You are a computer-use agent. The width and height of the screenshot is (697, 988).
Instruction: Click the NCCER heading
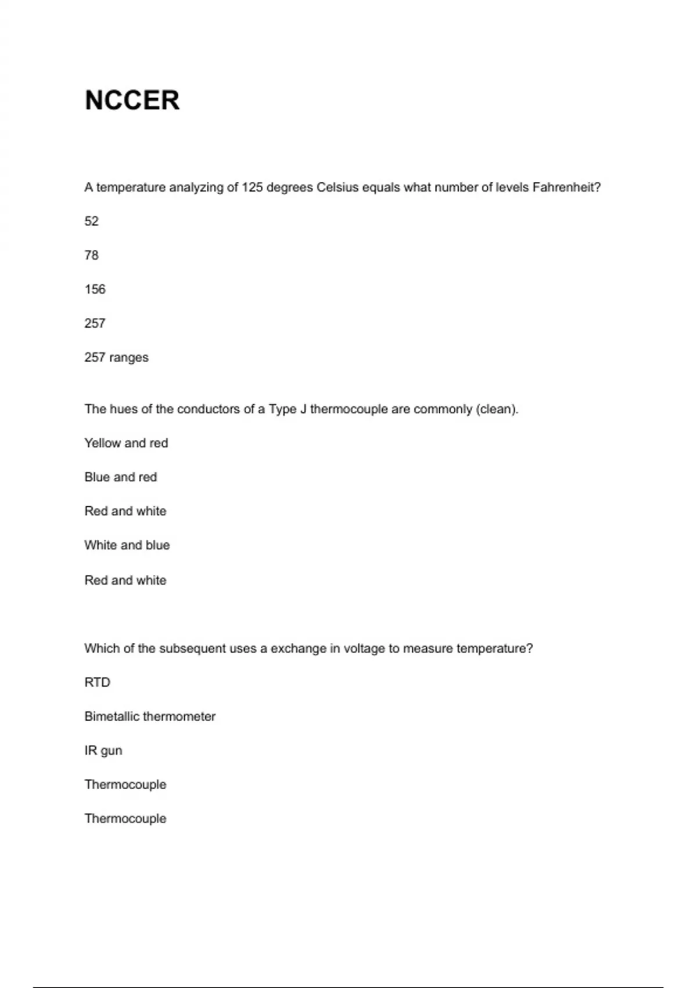point(132,100)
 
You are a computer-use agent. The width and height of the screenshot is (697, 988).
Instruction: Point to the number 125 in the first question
point(252,187)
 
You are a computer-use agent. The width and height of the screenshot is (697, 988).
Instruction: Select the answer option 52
point(91,221)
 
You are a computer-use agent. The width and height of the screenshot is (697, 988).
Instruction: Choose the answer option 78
point(91,255)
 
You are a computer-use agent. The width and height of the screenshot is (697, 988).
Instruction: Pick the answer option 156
point(95,289)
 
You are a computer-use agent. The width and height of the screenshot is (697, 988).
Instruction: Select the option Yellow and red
point(126,443)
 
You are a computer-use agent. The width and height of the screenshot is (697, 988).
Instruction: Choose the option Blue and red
point(120,477)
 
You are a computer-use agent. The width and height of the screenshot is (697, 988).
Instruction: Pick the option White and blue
point(127,545)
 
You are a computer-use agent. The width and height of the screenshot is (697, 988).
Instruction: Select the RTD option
point(97,682)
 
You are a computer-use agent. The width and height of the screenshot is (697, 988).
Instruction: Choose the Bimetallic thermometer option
point(150,717)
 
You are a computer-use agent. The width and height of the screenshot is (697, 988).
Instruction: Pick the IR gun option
point(103,750)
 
